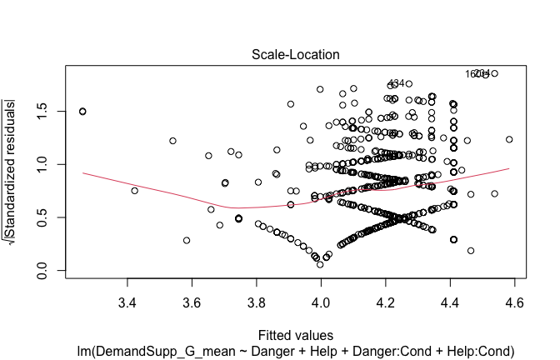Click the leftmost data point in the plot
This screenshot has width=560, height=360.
click(x=82, y=111)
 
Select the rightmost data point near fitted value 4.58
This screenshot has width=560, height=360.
click(x=508, y=139)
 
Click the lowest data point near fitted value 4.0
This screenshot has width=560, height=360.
click(x=320, y=265)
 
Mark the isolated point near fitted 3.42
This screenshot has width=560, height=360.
click(x=134, y=191)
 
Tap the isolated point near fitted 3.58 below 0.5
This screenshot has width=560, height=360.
click(x=187, y=240)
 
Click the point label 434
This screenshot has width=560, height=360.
click(x=396, y=83)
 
